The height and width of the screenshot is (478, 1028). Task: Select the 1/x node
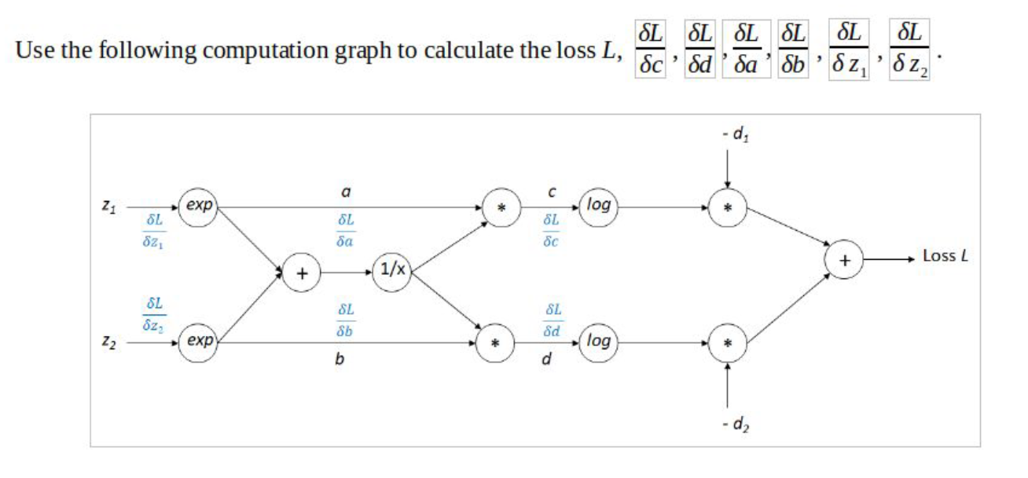[391, 273]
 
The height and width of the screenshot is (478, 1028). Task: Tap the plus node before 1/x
[301, 274]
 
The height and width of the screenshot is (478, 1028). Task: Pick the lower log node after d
[599, 341]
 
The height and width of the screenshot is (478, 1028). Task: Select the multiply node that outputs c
[498, 208]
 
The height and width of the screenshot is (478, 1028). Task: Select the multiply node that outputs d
[498, 343]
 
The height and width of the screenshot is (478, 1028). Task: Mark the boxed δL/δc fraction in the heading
[650, 50]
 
